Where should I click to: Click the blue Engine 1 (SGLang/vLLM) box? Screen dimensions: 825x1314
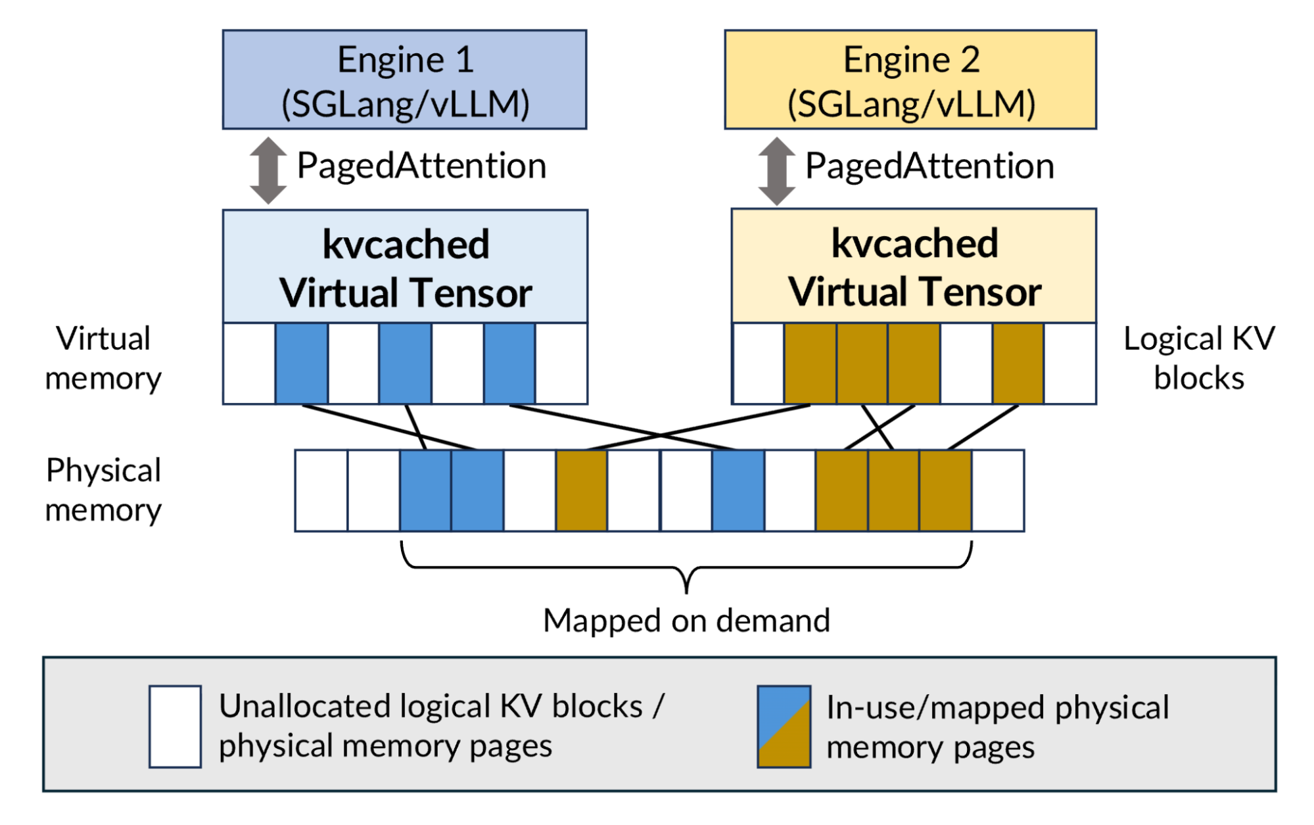[x=404, y=80]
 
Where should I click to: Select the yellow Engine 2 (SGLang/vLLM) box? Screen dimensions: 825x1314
[x=910, y=80]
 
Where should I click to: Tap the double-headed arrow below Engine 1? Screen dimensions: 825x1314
[x=268, y=170]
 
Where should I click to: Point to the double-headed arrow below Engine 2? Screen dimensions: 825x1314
[x=776, y=171]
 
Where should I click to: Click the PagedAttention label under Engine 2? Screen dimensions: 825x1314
[x=929, y=166]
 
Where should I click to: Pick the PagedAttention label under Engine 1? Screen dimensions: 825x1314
[x=421, y=166]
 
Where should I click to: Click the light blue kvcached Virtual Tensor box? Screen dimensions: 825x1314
[x=405, y=267]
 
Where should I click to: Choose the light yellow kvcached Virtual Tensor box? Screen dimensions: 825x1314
[x=914, y=266]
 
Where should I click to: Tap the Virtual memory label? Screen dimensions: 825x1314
[x=103, y=358]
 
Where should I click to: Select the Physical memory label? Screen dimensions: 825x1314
[x=103, y=490]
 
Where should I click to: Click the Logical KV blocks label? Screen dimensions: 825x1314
[x=1199, y=358]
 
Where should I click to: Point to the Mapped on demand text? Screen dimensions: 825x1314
[x=686, y=621]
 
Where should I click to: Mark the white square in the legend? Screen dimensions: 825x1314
[x=175, y=726]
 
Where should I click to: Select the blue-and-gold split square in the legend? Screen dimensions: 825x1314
[x=784, y=726]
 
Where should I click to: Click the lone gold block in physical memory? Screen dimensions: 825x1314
[x=582, y=490]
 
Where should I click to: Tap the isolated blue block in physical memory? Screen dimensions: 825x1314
[x=738, y=490]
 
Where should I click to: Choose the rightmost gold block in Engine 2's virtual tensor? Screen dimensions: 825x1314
[x=1018, y=364]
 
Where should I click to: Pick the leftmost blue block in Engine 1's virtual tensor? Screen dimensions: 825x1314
[x=302, y=364]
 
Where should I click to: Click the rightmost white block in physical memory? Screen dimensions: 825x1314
[x=998, y=490]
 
